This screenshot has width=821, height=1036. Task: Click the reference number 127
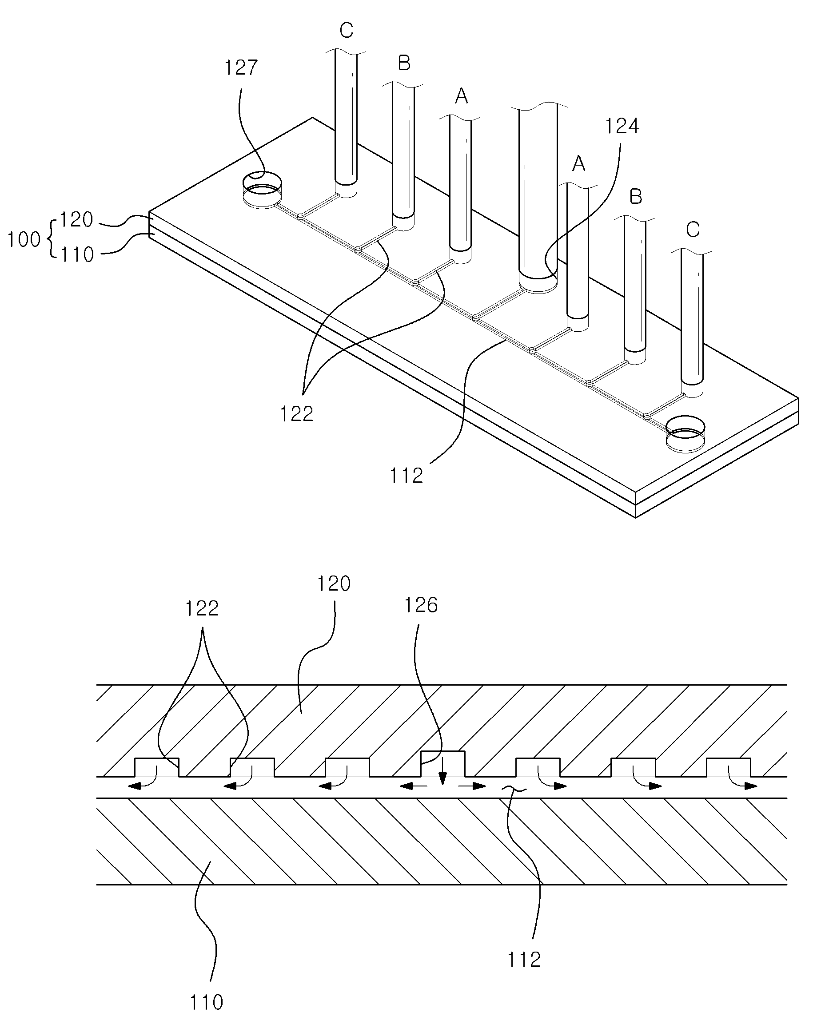click(x=241, y=68)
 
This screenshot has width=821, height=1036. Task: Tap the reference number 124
click(x=622, y=126)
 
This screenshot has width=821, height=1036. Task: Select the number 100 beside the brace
click(x=24, y=239)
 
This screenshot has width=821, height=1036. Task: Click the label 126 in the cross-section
click(x=421, y=605)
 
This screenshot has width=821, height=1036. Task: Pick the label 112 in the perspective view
click(x=407, y=475)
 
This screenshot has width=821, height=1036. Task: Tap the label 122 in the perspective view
click(x=297, y=413)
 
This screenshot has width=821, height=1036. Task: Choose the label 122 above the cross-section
click(x=202, y=609)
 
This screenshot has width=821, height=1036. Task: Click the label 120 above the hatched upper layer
click(x=334, y=584)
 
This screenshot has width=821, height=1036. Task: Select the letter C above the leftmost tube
click(x=346, y=31)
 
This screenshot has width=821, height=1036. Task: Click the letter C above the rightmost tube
click(x=693, y=230)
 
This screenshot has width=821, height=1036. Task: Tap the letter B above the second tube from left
click(x=404, y=63)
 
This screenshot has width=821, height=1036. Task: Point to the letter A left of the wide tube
click(x=462, y=97)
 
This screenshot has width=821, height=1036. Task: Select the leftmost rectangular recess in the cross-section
click(x=157, y=767)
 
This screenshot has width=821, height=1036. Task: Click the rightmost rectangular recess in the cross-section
click(x=728, y=767)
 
